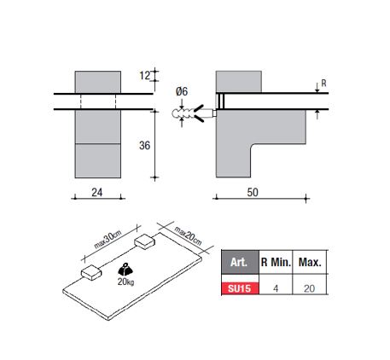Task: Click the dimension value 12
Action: click(x=144, y=76)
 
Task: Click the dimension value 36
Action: click(x=144, y=146)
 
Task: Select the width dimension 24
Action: click(x=97, y=193)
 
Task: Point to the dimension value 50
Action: click(x=253, y=193)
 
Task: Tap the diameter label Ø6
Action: click(x=182, y=91)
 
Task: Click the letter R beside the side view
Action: click(x=323, y=84)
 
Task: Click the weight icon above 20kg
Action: click(x=125, y=270)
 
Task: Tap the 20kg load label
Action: click(x=125, y=282)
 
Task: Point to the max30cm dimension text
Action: click(x=108, y=240)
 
